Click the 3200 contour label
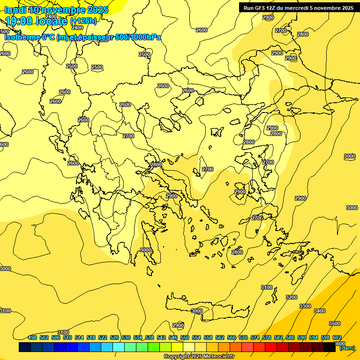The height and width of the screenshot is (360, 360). tap(292, 297)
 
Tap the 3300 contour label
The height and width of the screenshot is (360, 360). tap(305, 306)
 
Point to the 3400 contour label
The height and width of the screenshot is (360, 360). tap(320, 311)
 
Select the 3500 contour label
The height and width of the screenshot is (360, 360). tap(335, 323)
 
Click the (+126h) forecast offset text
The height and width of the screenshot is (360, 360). tap(83, 21)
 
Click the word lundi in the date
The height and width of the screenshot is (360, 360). tap(15, 10)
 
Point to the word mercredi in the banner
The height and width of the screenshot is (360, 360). tap(294, 8)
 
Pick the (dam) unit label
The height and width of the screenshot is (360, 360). tap(347, 348)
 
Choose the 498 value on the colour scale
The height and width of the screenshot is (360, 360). tap(32, 337)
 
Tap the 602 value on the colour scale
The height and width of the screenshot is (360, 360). tap(337, 337)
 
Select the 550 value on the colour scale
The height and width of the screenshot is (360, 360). tap(185, 337)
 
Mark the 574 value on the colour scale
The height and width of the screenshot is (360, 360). tap(255, 337)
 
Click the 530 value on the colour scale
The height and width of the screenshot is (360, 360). tap(126, 337)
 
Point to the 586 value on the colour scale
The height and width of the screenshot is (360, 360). tap(290, 337)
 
